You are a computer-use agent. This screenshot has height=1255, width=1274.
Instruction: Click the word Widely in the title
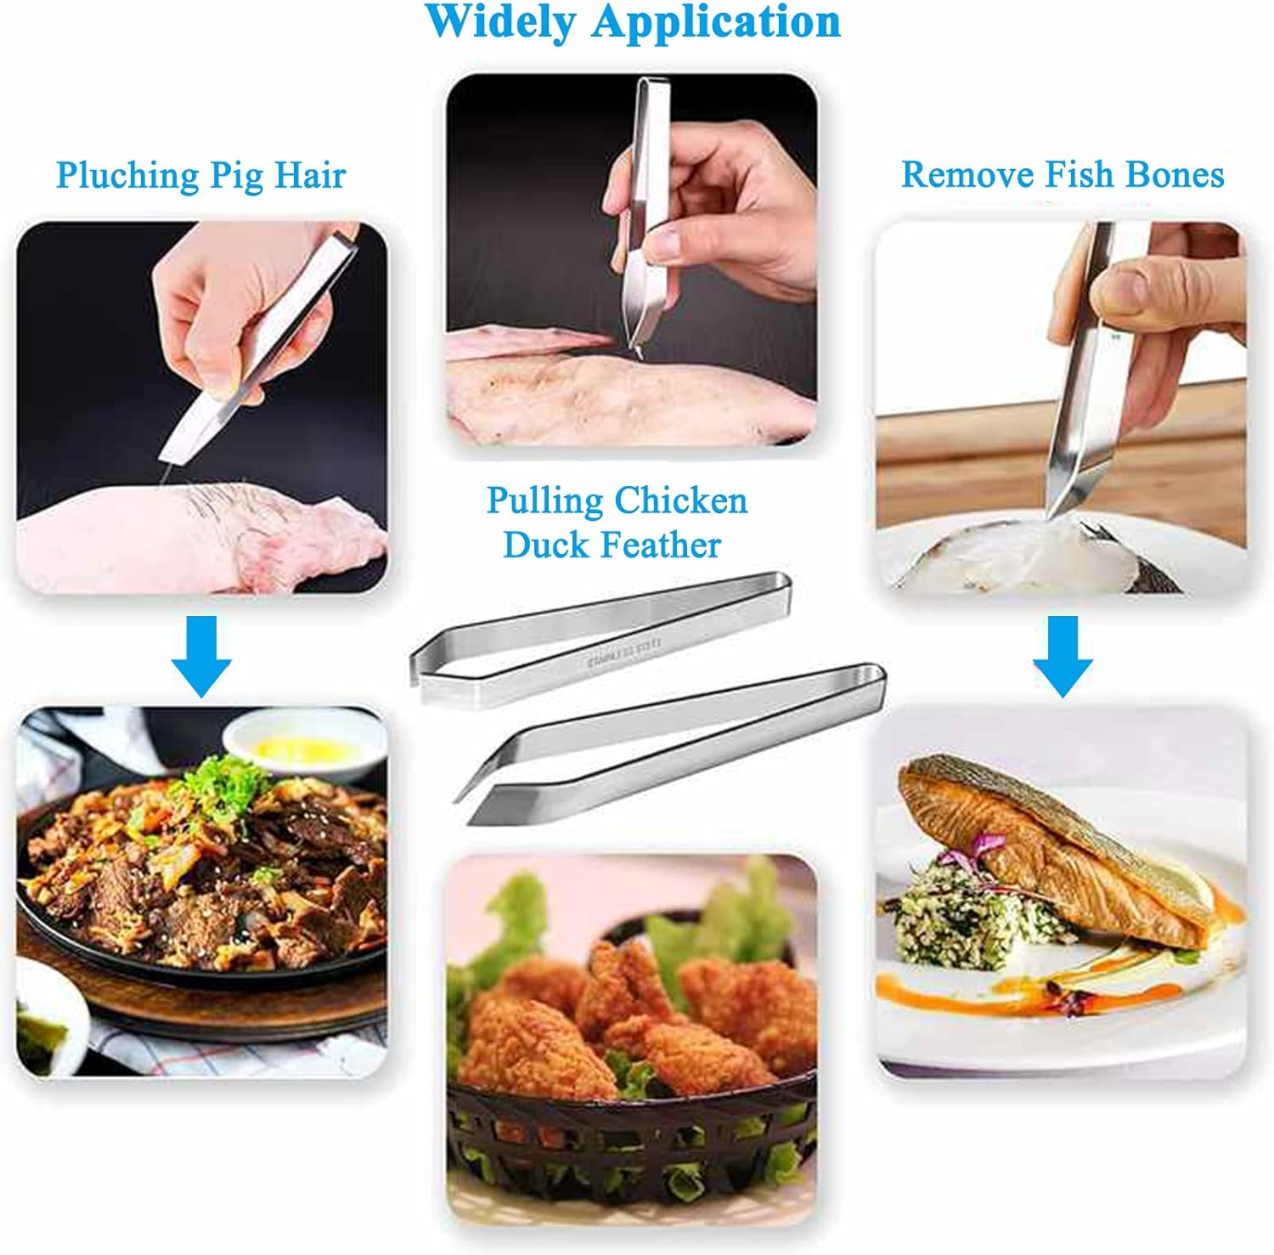(501, 21)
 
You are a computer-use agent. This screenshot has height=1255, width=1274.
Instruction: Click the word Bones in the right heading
(1175, 174)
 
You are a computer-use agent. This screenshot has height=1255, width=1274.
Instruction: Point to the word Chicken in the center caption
(682, 500)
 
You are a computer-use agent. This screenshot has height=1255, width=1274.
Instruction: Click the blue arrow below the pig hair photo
(201, 654)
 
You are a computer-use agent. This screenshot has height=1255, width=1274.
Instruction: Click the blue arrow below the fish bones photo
(1063, 654)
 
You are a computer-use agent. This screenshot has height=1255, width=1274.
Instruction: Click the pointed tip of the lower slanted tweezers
(459, 800)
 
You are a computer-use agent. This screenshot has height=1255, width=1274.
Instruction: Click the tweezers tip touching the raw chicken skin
(633, 348)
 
